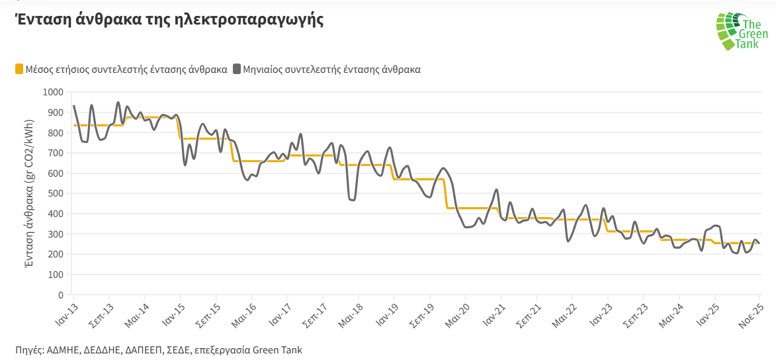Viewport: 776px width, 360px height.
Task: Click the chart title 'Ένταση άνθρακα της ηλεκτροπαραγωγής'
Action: click(169, 19)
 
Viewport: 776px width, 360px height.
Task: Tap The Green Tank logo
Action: click(741, 31)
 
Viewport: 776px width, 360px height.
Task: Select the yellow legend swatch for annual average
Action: click(19, 69)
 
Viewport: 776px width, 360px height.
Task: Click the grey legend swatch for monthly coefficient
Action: click(237, 69)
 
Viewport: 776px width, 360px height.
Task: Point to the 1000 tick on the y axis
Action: click(53, 92)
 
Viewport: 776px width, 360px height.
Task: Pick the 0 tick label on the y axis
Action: click(61, 294)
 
